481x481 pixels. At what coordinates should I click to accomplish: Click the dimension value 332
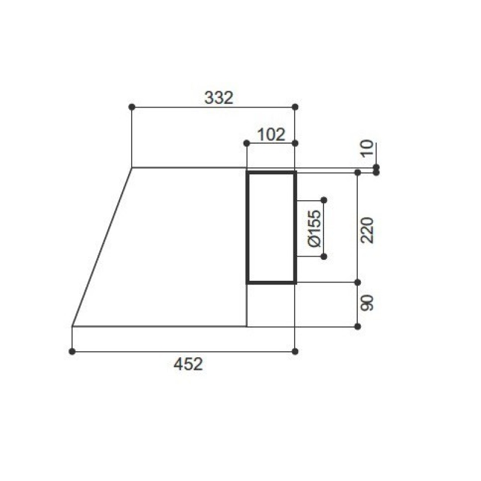[219, 98]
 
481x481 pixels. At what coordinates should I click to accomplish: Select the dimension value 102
[271, 135]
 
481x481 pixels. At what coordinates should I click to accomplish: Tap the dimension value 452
[188, 364]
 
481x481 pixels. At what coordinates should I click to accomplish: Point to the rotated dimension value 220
[367, 230]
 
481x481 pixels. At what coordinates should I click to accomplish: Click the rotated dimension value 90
[367, 303]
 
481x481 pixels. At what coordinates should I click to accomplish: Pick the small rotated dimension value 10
[367, 149]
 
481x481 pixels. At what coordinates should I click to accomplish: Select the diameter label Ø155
[314, 228]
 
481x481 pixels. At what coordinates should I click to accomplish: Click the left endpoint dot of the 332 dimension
[132, 107]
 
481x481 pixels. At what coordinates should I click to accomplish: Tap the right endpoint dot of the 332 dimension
[295, 107]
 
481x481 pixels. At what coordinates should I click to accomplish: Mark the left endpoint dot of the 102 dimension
[247, 143]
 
